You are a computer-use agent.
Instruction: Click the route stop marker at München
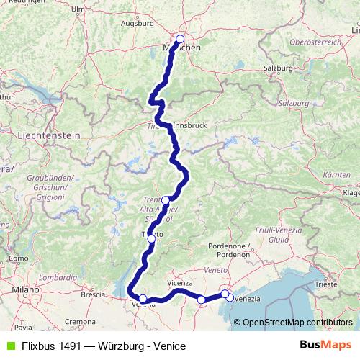179,40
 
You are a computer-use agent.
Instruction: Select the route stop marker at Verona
143,299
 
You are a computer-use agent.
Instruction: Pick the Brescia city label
93,294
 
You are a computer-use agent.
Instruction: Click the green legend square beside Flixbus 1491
10,346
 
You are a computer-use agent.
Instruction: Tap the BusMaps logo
325,346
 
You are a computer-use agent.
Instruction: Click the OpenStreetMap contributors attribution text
297,323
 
